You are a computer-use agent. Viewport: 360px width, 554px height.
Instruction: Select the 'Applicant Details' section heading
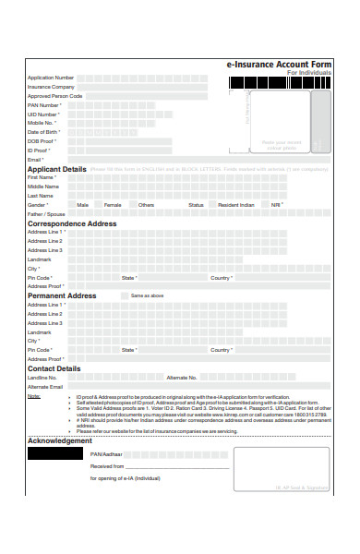[56, 170]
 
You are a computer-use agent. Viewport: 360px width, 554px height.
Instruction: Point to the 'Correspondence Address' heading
[72, 223]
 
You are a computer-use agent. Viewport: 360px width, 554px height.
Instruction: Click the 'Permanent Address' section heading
[62, 295]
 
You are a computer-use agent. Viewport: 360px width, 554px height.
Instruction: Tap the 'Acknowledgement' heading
[60, 440]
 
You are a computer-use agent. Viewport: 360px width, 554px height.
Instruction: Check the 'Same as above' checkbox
[126, 295]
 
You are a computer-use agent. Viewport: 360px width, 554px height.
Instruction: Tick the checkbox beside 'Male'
[69, 205]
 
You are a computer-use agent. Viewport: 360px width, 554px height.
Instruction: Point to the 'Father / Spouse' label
[46, 214]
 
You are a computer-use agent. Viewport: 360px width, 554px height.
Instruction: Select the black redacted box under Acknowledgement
[55, 454]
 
